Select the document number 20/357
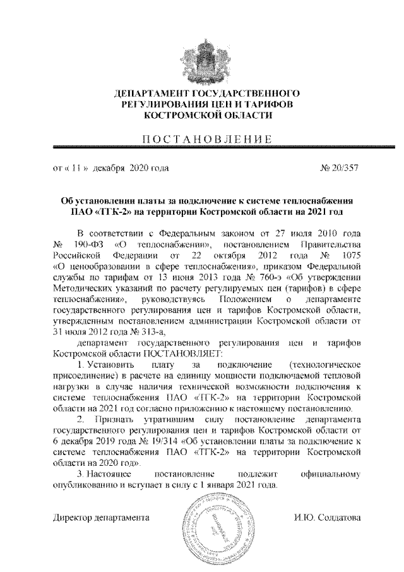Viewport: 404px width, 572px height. point(340,169)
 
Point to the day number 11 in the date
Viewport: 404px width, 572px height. point(76,169)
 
